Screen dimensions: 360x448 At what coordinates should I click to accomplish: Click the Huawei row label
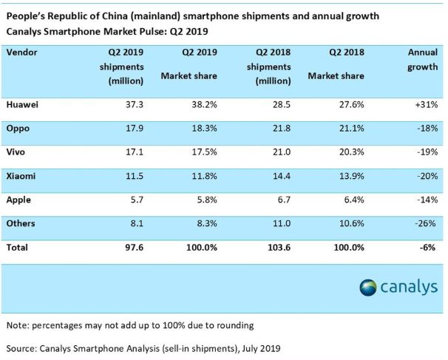tap(23, 105)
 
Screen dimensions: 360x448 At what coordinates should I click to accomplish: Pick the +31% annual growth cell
tap(425, 105)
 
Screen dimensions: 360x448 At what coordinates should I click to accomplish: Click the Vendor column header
tap(23, 52)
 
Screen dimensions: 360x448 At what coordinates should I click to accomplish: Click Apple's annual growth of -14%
tap(427, 200)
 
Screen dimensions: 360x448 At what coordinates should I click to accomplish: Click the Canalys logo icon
tap(367, 286)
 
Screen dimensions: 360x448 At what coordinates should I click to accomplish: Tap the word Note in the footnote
tap(18, 325)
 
